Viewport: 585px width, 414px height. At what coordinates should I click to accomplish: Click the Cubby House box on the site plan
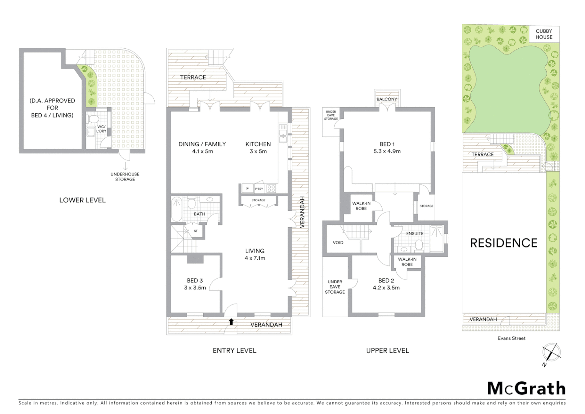pos(544,34)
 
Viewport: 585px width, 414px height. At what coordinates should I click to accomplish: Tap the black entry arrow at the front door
pos(231,321)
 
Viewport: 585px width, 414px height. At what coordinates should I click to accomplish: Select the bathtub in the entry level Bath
pos(176,209)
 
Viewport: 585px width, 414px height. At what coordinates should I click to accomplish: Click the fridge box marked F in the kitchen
pos(247,189)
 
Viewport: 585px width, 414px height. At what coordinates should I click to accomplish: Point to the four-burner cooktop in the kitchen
pos(271,189)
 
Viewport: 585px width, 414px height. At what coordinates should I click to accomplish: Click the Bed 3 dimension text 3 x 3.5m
pos(195,287)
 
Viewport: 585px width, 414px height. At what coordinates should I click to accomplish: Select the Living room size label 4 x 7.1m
pos(255,258)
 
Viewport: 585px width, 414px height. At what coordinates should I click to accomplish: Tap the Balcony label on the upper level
pos(387,99)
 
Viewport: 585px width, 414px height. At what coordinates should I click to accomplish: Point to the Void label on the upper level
pos(338,242)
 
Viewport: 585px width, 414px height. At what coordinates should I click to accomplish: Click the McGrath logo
pos(526,388)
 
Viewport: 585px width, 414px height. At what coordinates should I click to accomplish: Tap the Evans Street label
pos(511,338)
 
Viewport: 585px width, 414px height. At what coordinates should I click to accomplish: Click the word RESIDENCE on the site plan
pos(503,243)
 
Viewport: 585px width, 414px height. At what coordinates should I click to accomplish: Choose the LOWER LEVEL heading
pos(82,200)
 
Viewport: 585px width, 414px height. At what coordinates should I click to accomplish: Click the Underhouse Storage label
pos(125,177)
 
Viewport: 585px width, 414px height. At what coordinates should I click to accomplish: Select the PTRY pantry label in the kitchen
pos(259,189)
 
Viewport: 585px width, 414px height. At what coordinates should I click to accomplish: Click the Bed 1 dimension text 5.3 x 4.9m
pos(387,151)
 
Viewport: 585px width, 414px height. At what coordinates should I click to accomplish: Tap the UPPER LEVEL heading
pos(387,350)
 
